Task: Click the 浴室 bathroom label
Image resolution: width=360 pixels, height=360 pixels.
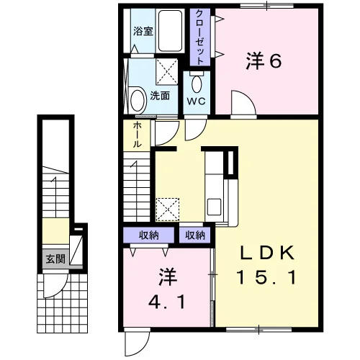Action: click(143, 31)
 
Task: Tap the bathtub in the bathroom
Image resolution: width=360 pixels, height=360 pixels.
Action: click(170, 31)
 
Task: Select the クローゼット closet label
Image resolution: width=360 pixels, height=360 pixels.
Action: click(200, 37)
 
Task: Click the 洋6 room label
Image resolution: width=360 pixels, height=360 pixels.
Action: click(264, 61)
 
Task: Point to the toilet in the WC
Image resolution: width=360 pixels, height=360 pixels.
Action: click(197, 82)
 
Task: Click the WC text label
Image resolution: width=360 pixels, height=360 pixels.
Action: click(197, 102)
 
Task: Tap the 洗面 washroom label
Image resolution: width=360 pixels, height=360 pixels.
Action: click(160, 96)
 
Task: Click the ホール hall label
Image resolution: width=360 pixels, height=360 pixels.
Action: click(137, 135)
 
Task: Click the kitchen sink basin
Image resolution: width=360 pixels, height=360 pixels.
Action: click(214, 207)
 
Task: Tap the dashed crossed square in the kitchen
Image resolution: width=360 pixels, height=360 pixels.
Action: click(168, 210)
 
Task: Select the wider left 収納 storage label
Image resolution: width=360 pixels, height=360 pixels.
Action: click(149, 235)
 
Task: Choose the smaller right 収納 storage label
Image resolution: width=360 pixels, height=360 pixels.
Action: click(195, 235)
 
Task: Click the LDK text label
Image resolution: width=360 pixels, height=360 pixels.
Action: click(267, 253)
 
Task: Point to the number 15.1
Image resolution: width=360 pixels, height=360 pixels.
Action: click(266, 277)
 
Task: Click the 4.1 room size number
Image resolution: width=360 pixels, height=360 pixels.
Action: click(167, 302)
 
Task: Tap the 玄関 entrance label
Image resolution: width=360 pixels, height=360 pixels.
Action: click(55, 259)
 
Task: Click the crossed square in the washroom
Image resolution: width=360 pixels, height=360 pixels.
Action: click(167, 71)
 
